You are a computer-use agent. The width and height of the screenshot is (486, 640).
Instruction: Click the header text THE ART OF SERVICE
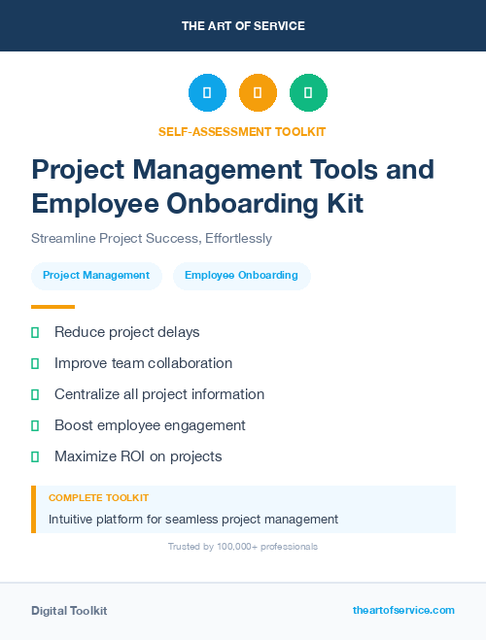(x=243, y=26)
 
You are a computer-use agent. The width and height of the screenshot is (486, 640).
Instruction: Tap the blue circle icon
(x=207, y=93)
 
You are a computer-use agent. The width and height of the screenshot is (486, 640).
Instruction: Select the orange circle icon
(x=258, y=93)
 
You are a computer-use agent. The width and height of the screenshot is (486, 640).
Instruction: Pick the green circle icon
(x=308, y=93)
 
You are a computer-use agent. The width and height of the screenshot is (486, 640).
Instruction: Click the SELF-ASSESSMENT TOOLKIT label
(x=243, y=131)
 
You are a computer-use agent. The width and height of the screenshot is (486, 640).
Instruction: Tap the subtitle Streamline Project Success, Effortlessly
(x=152, y=238)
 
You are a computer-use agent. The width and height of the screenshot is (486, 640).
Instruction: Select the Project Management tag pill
(x=96, y=275)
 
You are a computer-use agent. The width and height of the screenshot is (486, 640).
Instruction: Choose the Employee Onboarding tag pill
(x=241, y=275)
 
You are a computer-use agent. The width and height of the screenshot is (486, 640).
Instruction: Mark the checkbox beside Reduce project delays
(x=35, y=332)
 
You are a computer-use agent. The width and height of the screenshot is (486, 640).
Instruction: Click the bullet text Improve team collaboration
(x=143, y=363)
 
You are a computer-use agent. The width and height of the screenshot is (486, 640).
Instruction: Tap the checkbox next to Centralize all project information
(x=35, y=394)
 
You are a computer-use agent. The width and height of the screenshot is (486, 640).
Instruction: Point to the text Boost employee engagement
(x=150, y=425)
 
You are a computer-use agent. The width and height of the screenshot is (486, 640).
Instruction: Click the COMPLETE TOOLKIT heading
(x=98, y=497)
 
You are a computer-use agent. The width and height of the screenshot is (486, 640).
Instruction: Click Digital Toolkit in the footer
(x=69, y=611)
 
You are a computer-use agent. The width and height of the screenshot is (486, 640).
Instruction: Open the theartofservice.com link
(x=403, y=610)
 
